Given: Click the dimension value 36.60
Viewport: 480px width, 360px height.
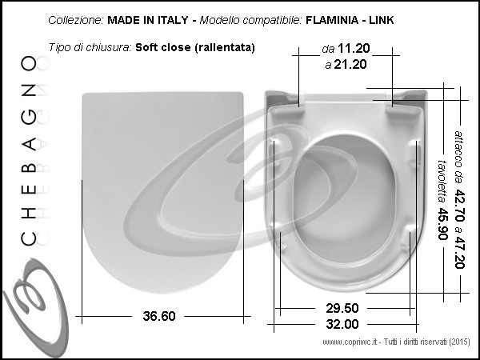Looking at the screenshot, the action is pos(159,316).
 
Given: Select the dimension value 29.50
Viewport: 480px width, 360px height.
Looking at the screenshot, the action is pos(342,308).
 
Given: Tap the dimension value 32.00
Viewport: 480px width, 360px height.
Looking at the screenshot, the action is pos(342,324).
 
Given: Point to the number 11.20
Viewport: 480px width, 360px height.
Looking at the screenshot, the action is pos(354,48).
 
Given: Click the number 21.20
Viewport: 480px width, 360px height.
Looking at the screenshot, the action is pos(350,65).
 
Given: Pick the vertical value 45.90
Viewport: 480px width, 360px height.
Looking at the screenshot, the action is pos(442,224).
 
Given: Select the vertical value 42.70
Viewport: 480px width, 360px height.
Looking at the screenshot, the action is pos(459,206).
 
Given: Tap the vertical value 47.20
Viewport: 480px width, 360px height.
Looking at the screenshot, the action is pos(459,252).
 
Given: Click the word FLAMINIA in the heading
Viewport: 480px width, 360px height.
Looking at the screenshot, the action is pos(332,20).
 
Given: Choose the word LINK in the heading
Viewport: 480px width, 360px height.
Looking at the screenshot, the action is pos(381,20).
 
